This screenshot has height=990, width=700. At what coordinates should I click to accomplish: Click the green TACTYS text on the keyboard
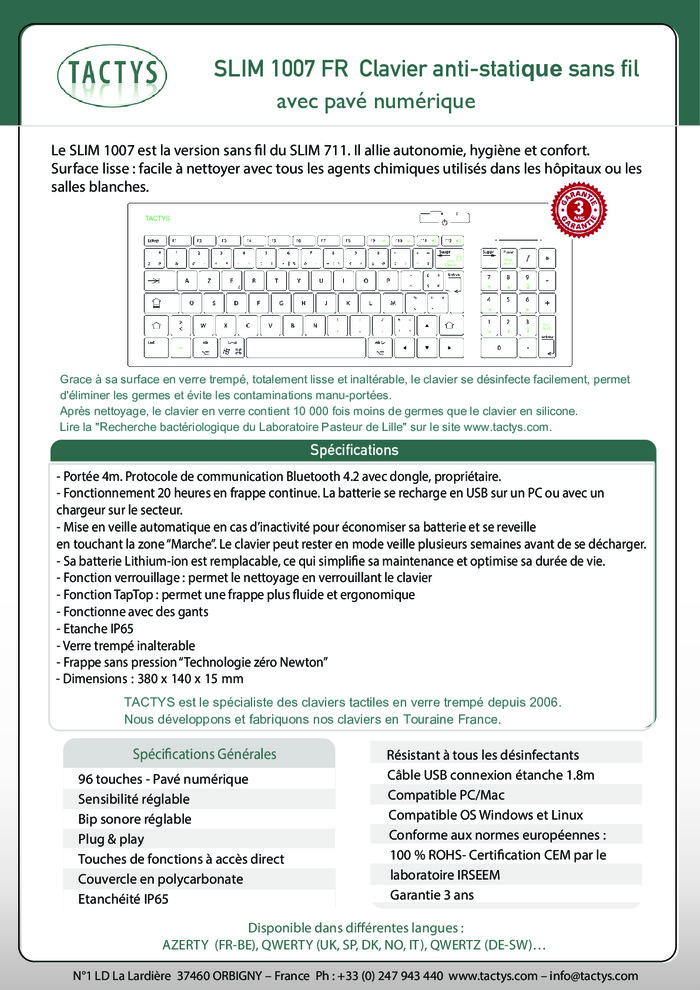pos(158,218)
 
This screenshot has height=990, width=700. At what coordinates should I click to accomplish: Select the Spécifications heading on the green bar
pos(354,451)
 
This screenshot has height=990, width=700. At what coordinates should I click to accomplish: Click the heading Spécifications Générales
pos(204,754)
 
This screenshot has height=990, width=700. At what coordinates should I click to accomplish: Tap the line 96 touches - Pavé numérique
pos(163,779)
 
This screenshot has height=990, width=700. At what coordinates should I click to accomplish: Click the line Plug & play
pos(111,839)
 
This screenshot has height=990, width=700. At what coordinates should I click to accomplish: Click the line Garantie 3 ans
pos(432,895)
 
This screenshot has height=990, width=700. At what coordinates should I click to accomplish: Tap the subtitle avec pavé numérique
pos(375,102)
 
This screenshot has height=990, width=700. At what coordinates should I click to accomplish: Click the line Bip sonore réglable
pos(134,819)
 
